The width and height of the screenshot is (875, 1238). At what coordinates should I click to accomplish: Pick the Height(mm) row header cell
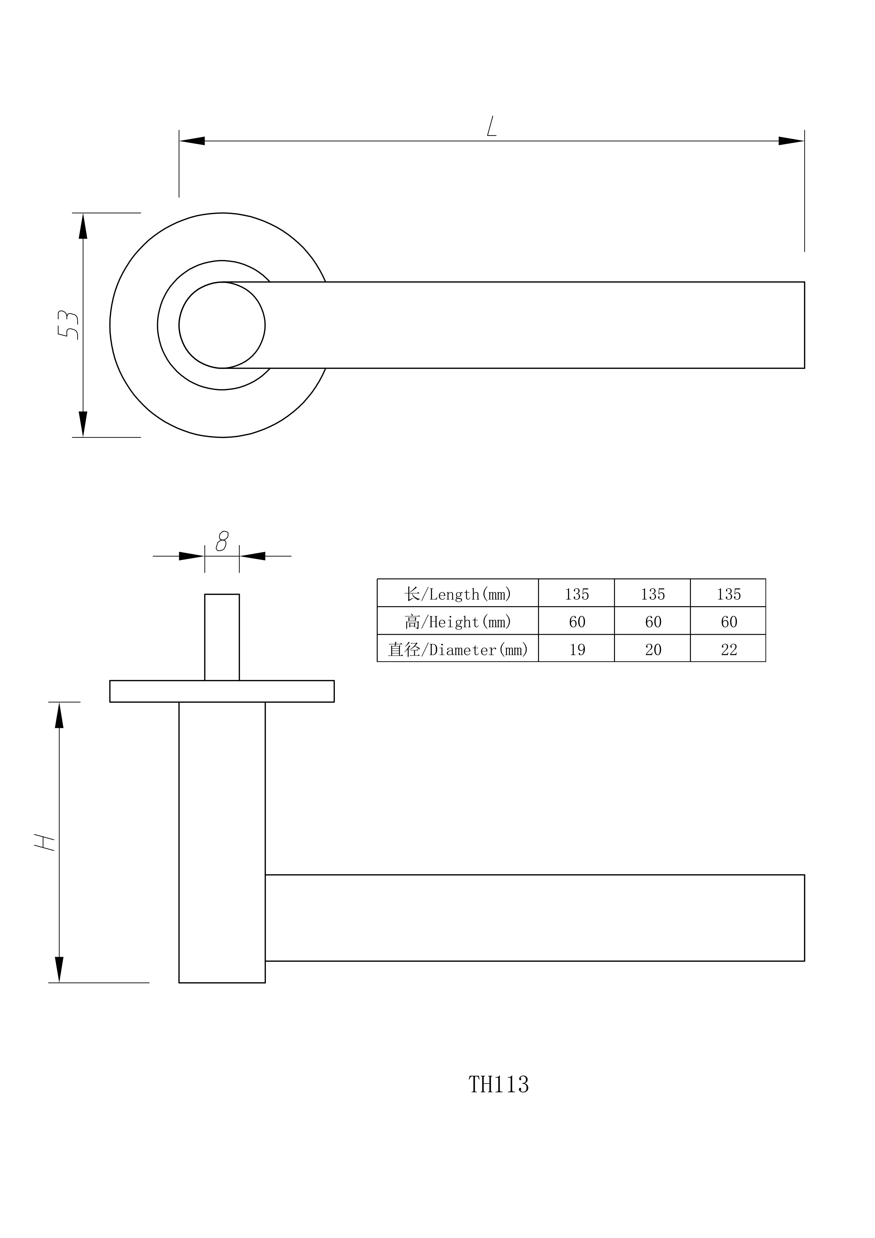coord(457,621)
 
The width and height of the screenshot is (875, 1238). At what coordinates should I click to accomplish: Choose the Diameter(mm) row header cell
coord(457,649)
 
